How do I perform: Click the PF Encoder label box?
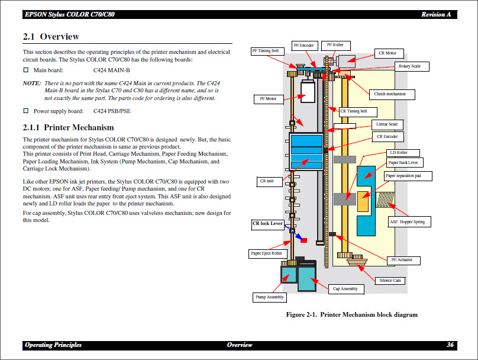click(303, 45)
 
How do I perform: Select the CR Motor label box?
click(391, 53)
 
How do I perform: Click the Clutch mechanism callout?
click(393, 94)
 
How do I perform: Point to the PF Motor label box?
click(268, 99)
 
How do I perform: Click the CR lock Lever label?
click(268, 223)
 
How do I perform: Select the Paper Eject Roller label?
click(267, 253)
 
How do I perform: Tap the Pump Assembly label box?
click(269, 297)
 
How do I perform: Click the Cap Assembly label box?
click(345, 289)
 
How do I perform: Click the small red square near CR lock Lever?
click(304, 240)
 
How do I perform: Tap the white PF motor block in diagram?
click(308, 91)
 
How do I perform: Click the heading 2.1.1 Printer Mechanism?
click(68, 127)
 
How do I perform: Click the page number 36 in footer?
click(450, 345)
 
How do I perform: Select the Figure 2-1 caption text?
click(351, 314)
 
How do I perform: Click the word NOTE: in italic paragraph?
click(32, 83)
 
